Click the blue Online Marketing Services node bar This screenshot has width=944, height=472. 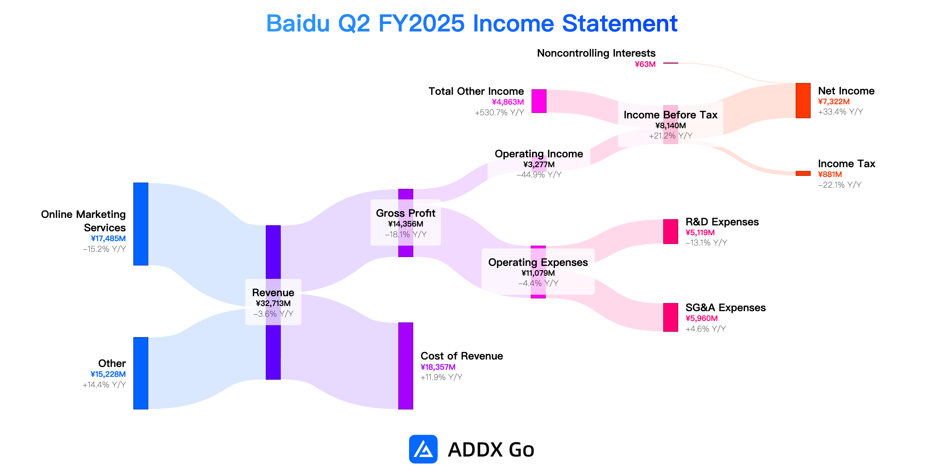pyautogui.click(x=141, y=224)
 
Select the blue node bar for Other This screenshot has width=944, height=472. pyautogui.click(x=141, y=373)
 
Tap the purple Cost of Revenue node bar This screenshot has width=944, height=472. pyautogui.click(x=406, y=366)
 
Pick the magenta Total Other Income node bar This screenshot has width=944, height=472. pyautogui.click(x=539, y=101)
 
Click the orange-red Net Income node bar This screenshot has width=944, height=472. pyautogui.click(x=803, y=101)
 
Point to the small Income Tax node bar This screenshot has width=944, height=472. pyautogui.click(x=803, y=173)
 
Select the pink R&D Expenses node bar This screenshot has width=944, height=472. pyautogui.click(x=671, y=232)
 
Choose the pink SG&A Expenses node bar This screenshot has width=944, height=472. pyautogui.click(x=671, y=317)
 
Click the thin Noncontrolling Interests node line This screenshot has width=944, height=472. pyautogui.click(x=671, y=63)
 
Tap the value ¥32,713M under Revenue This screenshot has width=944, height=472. pyautogui.click(x=273, y=303)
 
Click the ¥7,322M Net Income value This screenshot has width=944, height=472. pyautogui.click(x=834, y=101)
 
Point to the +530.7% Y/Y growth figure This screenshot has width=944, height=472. pyautogui.click(x=500, y=112)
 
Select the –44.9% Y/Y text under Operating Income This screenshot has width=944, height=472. pyautogui.click(x=539, y=175)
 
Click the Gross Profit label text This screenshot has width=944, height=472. pyautogui.click(x=406, y=213)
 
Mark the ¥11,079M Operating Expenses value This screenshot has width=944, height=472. pyautogui.click(x=538, y=273)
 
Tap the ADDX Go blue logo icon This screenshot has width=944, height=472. pyautogui.click(x=423, y=449)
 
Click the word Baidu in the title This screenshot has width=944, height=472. pyautogui.click(x=298, y=23)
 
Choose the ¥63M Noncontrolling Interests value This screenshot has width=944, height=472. pyautogui.click(x=645, y=64)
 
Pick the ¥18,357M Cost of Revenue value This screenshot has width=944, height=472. pyautogui.click(x=438, y=367)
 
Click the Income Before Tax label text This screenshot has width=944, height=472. pyautogui.click(x=671, y=115)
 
